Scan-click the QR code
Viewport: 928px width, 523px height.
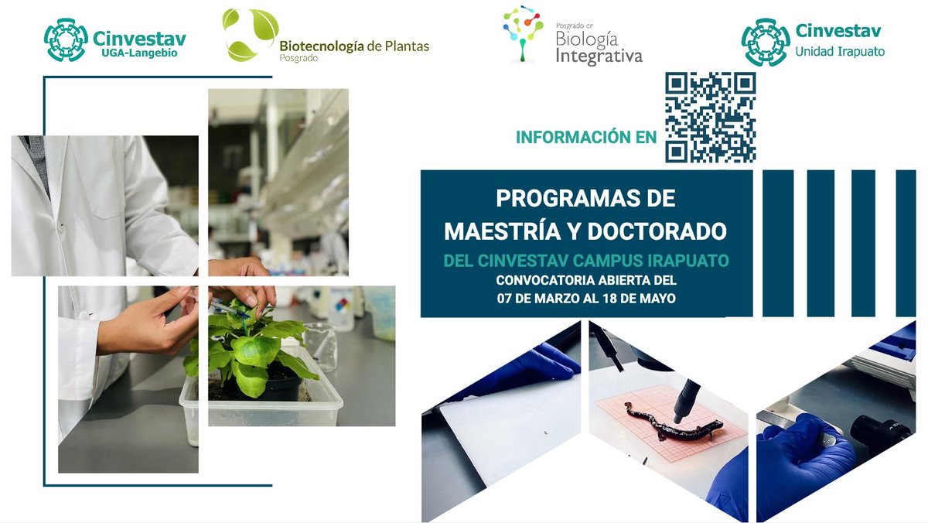tap(710, 117)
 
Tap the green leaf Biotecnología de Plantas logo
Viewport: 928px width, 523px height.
tap(249, 34)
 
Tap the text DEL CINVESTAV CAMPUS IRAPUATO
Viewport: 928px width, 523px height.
tap(586, 261)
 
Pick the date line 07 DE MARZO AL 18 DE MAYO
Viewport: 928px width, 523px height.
tap(586, 296)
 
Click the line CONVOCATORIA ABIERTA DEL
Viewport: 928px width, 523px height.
tap(586, 279)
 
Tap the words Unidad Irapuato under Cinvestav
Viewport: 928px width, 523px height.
tap(840, 52)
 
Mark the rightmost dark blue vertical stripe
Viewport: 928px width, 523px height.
tap(906, 244)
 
